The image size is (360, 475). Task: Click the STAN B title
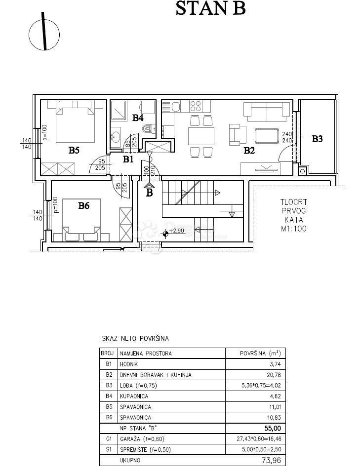point(210,9)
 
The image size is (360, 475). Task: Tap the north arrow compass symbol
point(44,34)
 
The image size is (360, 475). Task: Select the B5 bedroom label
point(74,151)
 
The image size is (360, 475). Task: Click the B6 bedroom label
point(84,206)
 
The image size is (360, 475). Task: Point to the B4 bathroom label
point(138,118)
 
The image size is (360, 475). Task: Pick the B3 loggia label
point(317,139)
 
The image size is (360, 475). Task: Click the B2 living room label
point(249,151)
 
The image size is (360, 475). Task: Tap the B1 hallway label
point(128,159)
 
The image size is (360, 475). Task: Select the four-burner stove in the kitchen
point(195,106)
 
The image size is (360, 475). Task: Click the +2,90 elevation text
point(176,230)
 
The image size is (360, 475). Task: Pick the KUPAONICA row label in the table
point(134,396)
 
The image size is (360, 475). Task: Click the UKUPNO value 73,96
point(272,460)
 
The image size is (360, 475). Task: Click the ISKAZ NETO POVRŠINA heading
point(134,339)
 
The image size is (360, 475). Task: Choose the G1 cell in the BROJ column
point(108,439)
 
